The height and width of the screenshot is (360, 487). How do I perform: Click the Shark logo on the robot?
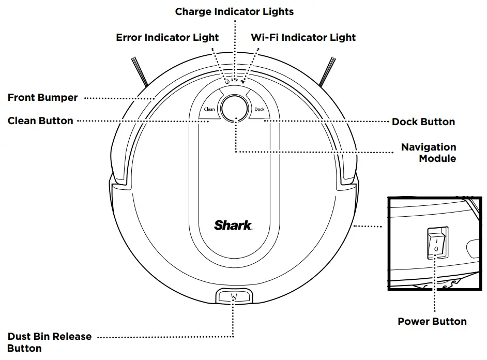click(x=233, y=225)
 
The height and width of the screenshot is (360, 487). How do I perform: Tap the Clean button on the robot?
click(x=209, y=109)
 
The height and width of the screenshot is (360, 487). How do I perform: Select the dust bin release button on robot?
click(x=234, y=296)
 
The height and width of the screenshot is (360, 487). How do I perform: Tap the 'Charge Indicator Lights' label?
click(x=234, y=11)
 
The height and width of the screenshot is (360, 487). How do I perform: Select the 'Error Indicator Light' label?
click(x=167, y=37)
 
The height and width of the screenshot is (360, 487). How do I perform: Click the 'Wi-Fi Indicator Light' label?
click(x=303, y=37)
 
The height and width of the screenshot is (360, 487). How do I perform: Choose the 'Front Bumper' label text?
click(x=42, y=97)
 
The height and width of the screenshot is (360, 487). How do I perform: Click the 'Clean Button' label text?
click(x=40, y=121)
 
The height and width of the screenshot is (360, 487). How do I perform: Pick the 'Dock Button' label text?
click(x=423, y=122)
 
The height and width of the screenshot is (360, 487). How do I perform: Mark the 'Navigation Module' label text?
click(x=429, y=153)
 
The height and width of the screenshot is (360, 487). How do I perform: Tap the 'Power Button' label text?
click(x=432, y=321)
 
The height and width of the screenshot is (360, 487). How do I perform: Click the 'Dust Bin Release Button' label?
click(x=49, y=342)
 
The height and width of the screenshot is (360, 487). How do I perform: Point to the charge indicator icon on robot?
click(x=235, y=80)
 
